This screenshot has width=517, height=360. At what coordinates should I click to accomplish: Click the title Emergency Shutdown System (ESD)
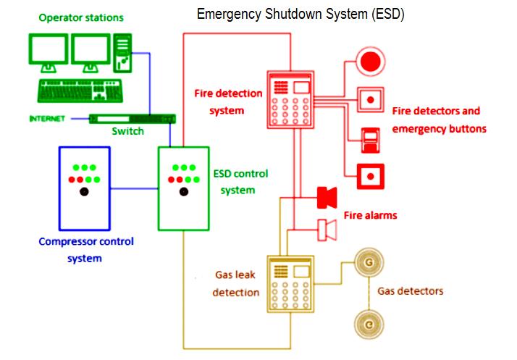300,14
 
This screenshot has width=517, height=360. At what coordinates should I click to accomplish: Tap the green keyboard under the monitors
80,91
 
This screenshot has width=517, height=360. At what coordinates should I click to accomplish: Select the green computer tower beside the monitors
122,53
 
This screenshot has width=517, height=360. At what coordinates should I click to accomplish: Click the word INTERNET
47,119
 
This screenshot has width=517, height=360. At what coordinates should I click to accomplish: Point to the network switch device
133,119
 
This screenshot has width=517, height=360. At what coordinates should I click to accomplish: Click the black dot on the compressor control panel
84,191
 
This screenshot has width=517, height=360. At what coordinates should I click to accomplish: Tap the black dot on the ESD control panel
184,191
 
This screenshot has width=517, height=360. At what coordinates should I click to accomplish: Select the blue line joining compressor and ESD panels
134,189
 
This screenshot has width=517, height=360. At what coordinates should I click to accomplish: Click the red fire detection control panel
290,99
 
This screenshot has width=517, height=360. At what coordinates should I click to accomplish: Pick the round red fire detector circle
370,62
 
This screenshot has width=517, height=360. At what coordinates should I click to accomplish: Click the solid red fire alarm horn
327,197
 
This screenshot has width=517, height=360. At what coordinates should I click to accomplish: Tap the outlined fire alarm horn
327,230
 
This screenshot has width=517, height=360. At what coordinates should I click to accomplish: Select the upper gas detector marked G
369,262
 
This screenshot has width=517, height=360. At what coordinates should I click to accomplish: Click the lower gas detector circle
369,325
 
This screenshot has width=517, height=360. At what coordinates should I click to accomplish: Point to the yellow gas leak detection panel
290,284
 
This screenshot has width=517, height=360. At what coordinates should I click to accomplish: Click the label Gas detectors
410,291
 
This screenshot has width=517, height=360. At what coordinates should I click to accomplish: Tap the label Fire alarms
370,215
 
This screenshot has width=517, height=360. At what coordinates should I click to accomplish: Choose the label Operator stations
81,17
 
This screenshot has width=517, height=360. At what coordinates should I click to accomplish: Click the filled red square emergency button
371,177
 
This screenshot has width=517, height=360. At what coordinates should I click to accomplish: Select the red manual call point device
370,141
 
